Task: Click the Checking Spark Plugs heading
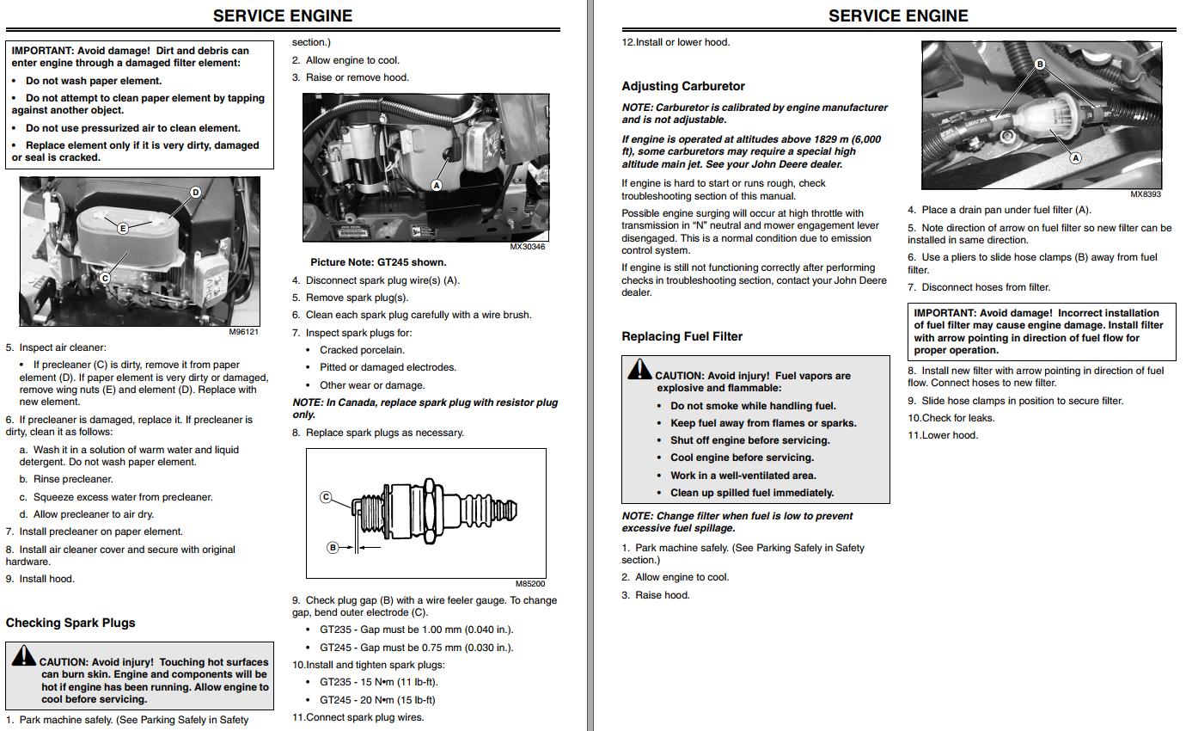click(x=70, y=623)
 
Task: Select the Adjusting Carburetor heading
click(x=683, y=86)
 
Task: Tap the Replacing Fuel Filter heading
click(x=682, y=336)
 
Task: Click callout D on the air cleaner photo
click(x=195, y=192)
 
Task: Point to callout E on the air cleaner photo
click(x=123, y=228)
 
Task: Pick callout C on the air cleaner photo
click(x=105, y=278)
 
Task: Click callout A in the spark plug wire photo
click(x=436, y=185)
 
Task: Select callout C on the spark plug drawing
click(x=326, y=497)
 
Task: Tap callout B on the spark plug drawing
click(x=333, y=547)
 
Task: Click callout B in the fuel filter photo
click(x=1039, y=64)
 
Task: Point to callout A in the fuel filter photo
click(x=1074, y=157)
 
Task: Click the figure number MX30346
click(x=527, y=247)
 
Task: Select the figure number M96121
click(x=244, y=332)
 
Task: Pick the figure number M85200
click(x=530, y=584)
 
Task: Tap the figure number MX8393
click(x=1145, y=194)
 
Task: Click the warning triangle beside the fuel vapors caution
click(x=639, y=370)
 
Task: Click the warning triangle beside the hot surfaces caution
click(x=23, y=656)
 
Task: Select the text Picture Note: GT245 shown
click(x=378, y=262)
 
